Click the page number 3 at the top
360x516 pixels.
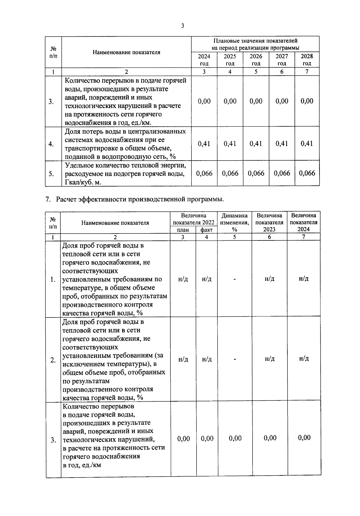182,26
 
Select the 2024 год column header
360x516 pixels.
204,60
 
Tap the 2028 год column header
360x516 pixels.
307,60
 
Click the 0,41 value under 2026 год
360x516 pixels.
256,143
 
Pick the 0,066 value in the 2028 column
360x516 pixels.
307,173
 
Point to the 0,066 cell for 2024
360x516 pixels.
204,173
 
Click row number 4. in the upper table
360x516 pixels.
51,144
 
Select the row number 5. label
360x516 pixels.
51,174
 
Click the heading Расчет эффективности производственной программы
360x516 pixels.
139,200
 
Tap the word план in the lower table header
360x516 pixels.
183,230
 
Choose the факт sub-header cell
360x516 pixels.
206,230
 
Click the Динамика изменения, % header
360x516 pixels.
234,222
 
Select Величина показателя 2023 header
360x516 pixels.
269,222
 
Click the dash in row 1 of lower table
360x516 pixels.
235,279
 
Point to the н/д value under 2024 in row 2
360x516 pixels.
304,359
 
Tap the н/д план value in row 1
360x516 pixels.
183,279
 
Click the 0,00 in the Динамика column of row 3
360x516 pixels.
235,439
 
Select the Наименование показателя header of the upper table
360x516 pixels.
126,52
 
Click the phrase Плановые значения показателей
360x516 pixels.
255,41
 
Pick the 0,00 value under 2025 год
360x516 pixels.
230,101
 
